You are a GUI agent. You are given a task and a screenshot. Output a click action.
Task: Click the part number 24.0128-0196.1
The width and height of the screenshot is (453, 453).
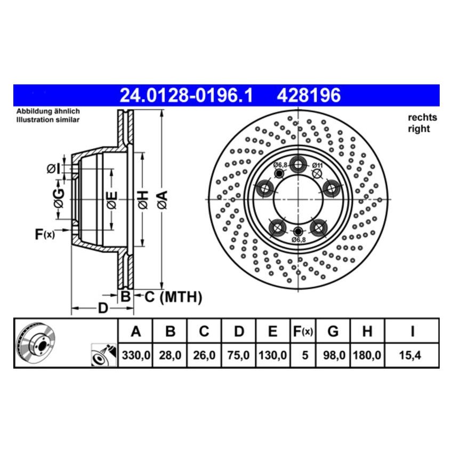186,95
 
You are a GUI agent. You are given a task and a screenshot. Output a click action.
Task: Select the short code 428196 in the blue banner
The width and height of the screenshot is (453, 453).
308,95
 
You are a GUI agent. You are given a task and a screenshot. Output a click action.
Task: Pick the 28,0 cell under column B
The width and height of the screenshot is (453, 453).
169,354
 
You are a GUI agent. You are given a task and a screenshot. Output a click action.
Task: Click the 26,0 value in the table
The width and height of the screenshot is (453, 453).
204,354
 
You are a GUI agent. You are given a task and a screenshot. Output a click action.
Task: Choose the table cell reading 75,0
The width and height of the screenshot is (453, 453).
239,354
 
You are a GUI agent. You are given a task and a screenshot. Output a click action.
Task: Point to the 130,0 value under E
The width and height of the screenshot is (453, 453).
272,354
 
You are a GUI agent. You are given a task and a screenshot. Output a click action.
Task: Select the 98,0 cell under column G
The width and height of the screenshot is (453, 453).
333,354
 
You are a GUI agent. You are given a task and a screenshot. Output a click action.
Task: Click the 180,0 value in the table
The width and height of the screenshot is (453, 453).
367,354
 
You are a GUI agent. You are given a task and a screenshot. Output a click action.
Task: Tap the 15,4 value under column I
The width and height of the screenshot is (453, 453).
411,354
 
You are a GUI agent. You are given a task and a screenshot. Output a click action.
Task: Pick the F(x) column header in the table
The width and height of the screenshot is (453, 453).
302,331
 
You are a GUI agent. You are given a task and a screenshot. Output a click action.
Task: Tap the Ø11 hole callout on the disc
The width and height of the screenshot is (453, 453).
318,165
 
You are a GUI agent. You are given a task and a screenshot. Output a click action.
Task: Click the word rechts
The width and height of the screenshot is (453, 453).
422,117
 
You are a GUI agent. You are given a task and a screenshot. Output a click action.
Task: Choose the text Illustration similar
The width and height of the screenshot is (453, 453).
47,120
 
